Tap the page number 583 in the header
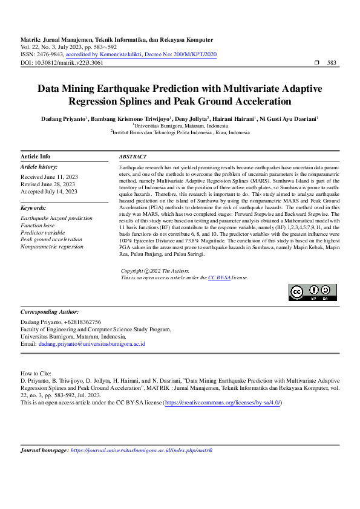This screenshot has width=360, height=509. point(332,62)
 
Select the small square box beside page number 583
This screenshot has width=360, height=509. point(317,63)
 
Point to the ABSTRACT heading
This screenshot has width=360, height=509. point(133,156)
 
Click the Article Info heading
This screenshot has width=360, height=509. point(36,156)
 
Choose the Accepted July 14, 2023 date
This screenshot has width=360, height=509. point(49,191)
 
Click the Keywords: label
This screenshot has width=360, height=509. point(34,207)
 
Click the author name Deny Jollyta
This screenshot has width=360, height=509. point(191,119)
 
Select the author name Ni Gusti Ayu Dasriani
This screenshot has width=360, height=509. point(296,119)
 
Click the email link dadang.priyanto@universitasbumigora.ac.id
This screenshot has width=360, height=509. point(91,344)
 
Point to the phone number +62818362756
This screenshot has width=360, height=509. point(80,322)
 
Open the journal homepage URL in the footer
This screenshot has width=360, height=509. point(142,450)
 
